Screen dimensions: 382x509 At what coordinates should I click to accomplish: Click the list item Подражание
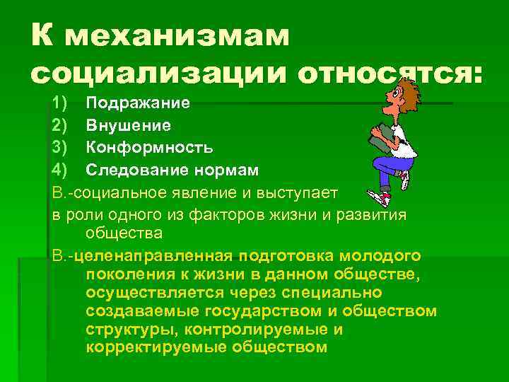[138, 103]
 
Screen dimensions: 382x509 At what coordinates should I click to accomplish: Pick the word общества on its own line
[124, 233]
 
